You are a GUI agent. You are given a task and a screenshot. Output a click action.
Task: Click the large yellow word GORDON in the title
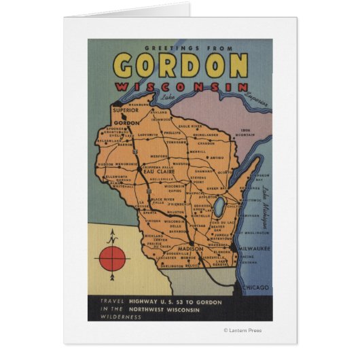[180, 65]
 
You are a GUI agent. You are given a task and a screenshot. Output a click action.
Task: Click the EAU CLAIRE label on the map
[156, 171]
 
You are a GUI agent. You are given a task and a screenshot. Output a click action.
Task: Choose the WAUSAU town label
[181, 163]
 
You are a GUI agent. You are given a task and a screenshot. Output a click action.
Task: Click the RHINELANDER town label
[204, 134]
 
